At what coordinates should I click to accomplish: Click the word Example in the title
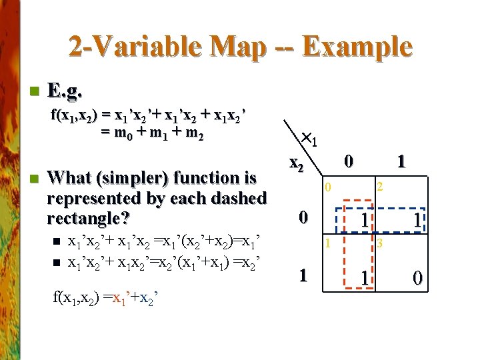tap(357, 47)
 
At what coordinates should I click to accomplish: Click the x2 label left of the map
tap(297, 164)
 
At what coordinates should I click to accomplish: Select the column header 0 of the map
tap(348, 161)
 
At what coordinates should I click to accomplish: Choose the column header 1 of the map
tap(400, 161)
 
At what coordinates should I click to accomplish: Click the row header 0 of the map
tap(303, 217)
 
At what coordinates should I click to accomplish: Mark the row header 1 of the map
tap(303, 275)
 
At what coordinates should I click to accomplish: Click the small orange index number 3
tap(379, 244)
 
